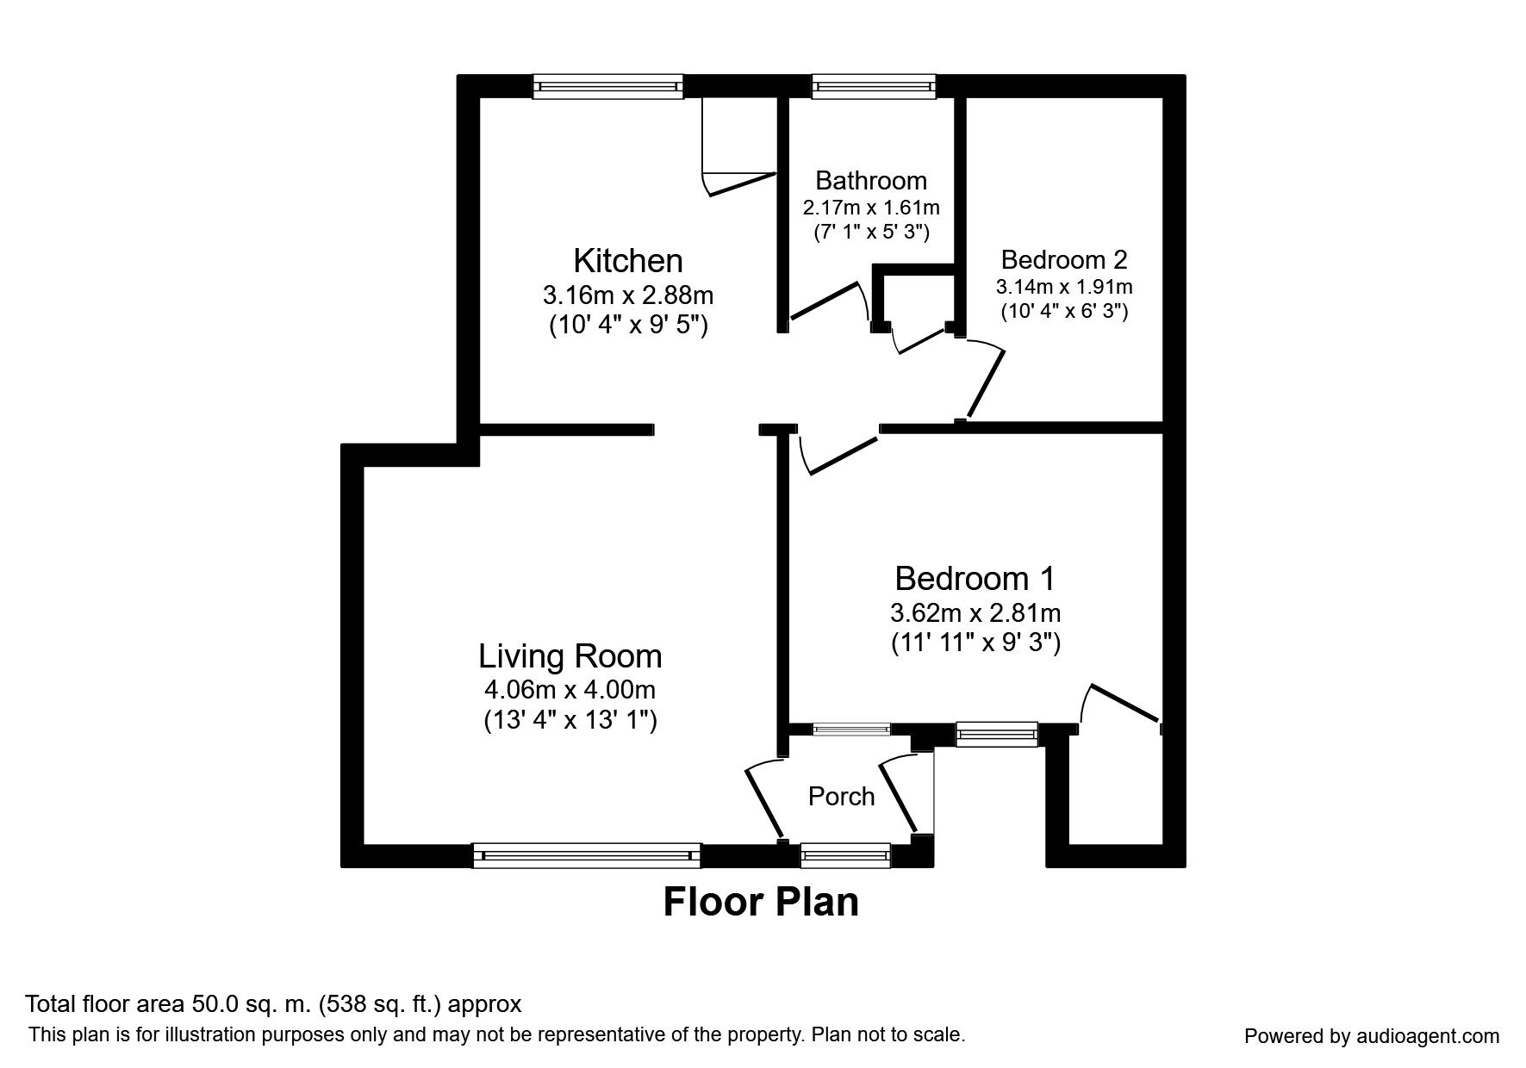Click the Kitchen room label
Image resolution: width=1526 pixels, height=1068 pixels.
tap(628, 260)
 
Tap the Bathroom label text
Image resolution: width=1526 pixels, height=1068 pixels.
tap(871, 180)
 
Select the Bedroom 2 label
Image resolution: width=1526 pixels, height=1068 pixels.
tap(1064, 259)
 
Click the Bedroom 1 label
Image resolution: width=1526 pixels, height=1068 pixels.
tap(975, 578)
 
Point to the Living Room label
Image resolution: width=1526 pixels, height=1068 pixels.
tap(570, 656)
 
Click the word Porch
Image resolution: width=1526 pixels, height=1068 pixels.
tap(841, 797)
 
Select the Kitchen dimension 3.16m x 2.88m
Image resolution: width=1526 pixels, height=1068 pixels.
tap(628, 295)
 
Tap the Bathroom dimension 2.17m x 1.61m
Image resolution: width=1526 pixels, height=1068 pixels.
tap(871, 208)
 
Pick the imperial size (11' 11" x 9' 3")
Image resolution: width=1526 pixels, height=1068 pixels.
tap(975, 643)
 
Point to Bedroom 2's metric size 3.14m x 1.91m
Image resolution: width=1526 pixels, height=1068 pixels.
tap(1064, 286)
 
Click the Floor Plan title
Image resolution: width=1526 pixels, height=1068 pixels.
tap(761, 902)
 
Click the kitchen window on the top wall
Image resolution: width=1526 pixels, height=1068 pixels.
tap(608, 85)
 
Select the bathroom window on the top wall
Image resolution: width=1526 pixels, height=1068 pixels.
tap(874, 85)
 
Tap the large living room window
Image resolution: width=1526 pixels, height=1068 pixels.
tap(587, 855)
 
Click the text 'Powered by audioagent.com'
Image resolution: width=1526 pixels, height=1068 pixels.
tap(1372, 1036)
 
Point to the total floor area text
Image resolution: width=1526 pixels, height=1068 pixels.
tap(273, 1004)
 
